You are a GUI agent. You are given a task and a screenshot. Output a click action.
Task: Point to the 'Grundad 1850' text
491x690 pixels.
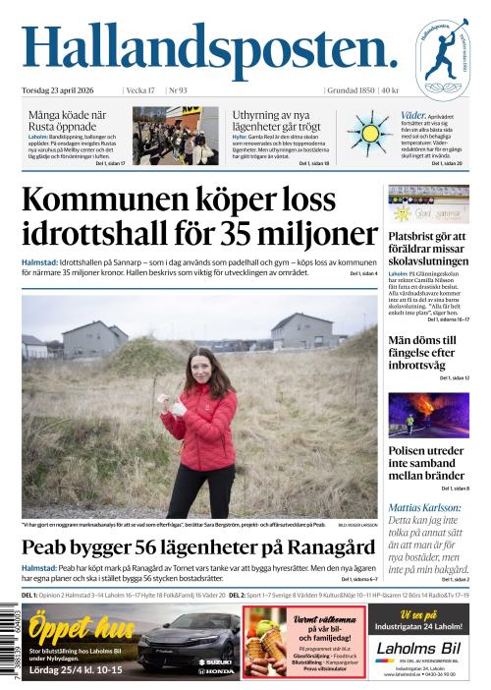349,90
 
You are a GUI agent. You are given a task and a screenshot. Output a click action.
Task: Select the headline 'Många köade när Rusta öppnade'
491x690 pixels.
68,121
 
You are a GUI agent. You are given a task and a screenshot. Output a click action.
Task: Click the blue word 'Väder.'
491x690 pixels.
413,115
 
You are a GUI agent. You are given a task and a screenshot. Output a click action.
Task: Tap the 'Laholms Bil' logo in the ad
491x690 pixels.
417,648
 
